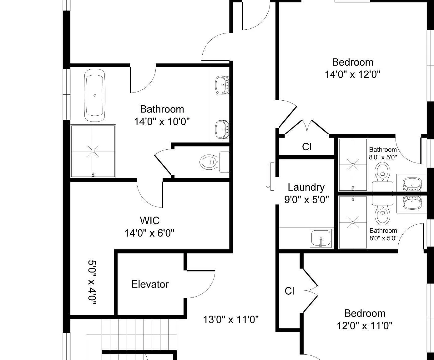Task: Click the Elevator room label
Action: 150,284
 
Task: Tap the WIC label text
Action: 150,220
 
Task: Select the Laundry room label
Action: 306,187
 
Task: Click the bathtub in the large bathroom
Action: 94,95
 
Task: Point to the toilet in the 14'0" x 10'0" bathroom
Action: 214,162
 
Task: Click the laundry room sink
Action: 321,238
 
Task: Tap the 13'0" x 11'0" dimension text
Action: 231,320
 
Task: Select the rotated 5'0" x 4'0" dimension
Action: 92,282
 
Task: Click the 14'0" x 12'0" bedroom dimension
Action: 352,74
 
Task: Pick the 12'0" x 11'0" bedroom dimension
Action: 364,326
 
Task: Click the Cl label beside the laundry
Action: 307,147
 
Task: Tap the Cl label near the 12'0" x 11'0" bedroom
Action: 289,291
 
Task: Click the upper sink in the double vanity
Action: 222,85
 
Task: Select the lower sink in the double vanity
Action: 222,129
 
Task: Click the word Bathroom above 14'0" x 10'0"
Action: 162,109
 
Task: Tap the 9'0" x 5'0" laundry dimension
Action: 307,200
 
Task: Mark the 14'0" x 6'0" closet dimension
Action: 149,233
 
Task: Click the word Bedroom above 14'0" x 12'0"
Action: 353,62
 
